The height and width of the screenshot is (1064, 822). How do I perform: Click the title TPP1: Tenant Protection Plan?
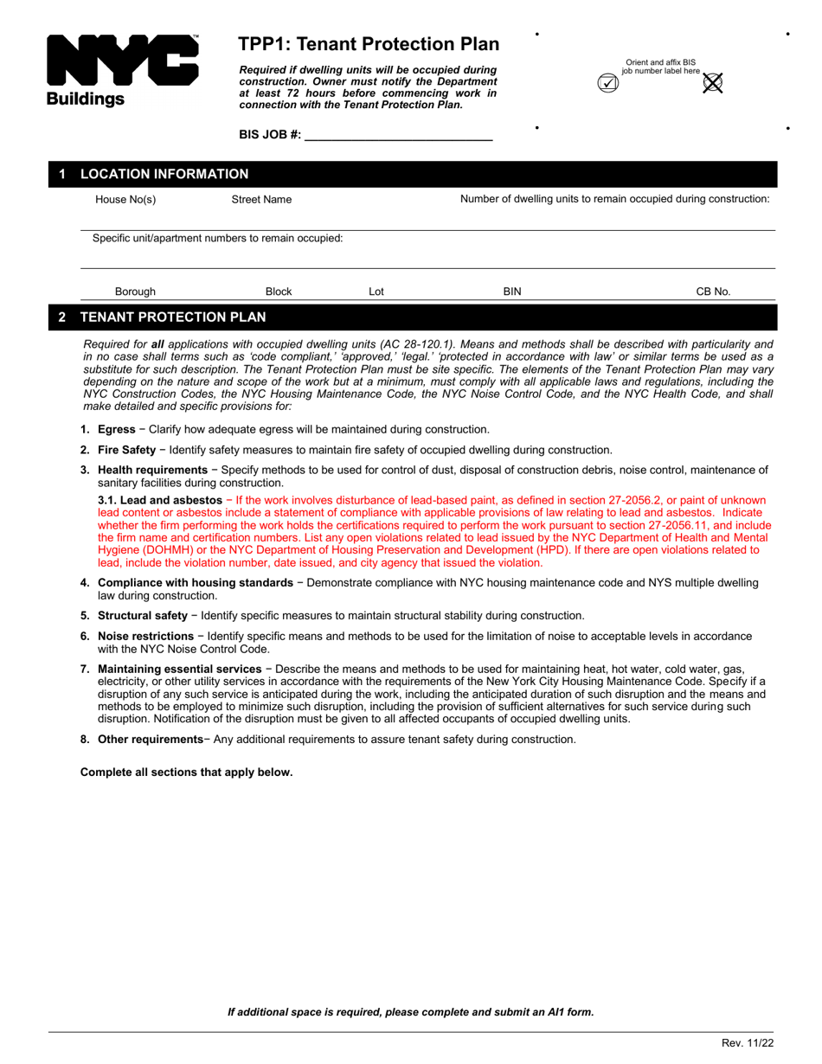coord(369,44)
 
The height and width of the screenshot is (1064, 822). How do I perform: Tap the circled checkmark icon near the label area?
coord(608,84)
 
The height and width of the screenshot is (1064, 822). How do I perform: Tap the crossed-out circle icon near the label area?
coord(712,83)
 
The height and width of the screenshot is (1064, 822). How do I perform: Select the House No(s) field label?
coord(125,200)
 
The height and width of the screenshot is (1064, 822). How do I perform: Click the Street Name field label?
coord(261,200)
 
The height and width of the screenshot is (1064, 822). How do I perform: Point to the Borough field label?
coord(135,292)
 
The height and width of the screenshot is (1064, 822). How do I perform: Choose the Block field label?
coord(278,292)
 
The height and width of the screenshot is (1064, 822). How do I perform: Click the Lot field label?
coord(376,292)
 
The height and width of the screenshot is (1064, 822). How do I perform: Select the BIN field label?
coord(512,292)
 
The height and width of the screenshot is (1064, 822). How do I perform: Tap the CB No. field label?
coord(713,292)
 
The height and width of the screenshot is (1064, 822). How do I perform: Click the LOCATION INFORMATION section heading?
coord(164,175)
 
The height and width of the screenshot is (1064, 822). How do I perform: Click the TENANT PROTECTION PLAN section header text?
coord(173,317)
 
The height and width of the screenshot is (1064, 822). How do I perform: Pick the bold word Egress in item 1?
coord(116,430)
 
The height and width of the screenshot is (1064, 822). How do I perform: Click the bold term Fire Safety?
coord(126,450)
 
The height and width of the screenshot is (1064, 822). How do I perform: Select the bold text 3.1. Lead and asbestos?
coord(160,501)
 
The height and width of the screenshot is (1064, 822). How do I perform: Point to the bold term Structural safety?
coord(142,616)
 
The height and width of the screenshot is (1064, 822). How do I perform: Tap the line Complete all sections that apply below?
coord(186,772)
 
